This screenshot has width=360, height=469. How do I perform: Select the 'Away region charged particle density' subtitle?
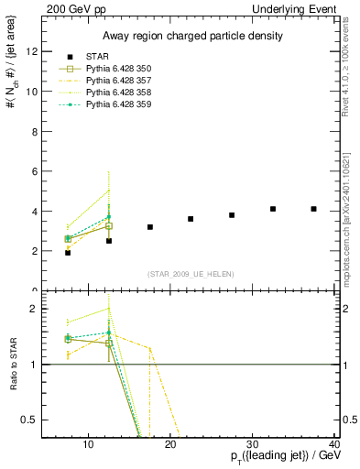click(188, 37)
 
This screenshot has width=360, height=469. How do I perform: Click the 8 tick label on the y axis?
click(35, 131)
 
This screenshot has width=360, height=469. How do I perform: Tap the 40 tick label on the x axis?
click(335, 445)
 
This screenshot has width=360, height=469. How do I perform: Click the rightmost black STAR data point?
click(313, 209)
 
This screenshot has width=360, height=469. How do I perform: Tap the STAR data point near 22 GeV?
click(191, 219)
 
